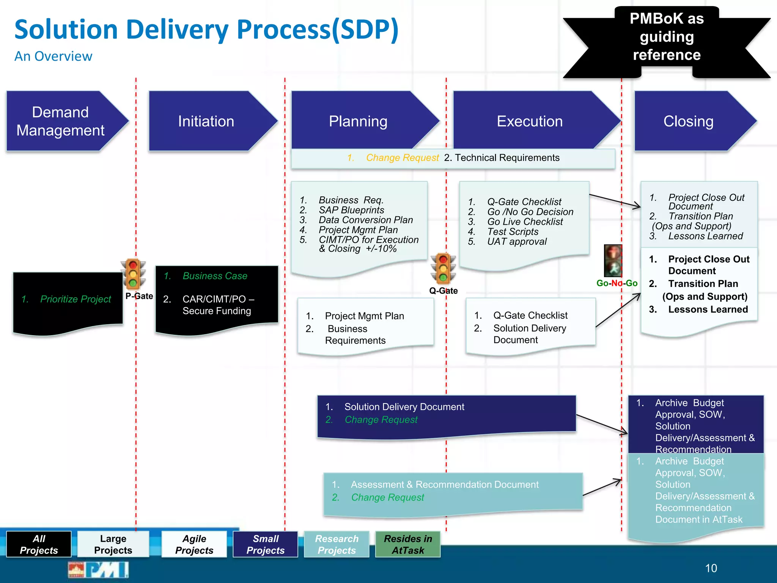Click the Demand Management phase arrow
pos(61,121)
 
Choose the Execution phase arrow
pos(530,121)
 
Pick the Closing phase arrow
pos(688,121)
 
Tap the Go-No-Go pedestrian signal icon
pos(613,261)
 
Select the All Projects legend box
pos(39,544)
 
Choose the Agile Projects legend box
pos(194,544)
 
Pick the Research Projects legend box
pos(337,544)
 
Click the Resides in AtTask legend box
pos(408,544)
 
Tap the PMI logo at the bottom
pos(99,570)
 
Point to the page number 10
pos(711,568)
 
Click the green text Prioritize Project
pos(75,299)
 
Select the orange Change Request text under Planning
pos(402,158)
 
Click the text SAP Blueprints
pos(351,210)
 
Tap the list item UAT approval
pos(517,241)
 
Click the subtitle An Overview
pos(53,56)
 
